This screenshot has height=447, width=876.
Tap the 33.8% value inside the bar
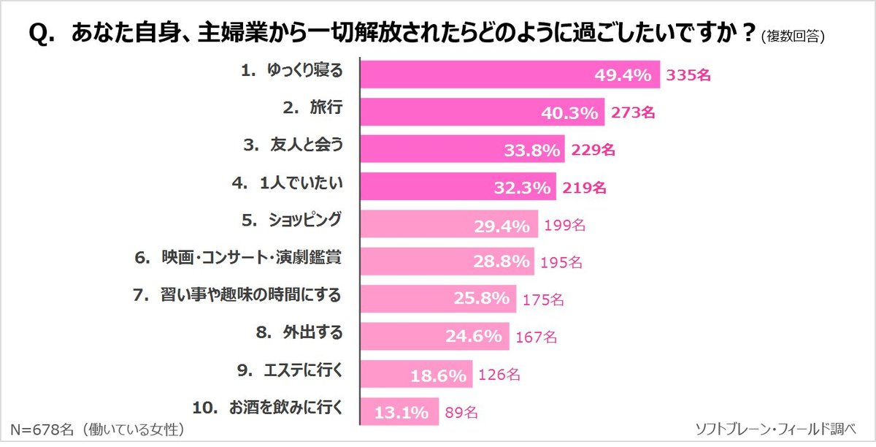coord(532,150)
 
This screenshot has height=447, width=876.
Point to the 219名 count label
coord(585,188)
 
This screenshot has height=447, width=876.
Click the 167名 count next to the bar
coord(536,337)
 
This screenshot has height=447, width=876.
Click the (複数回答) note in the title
coord(797,37)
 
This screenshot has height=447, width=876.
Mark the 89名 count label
coord(461,413)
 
